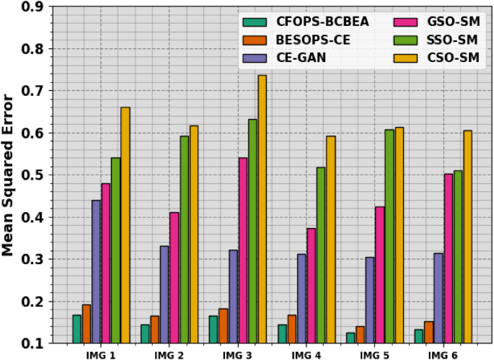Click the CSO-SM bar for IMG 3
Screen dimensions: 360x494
tap(262, 209)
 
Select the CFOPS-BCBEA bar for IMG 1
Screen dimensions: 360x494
tap(76, 329)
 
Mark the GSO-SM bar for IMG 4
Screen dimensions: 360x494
tap(312, 286)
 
